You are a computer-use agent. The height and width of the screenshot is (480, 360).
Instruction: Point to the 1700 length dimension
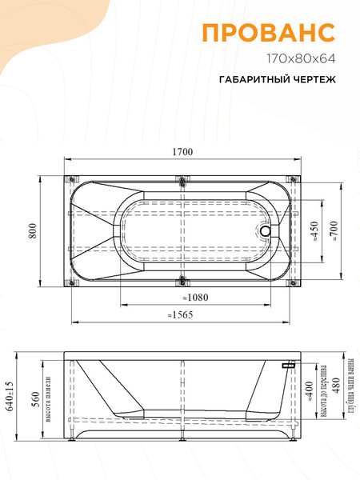182,154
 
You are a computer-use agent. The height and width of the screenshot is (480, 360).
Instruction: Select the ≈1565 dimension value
180,314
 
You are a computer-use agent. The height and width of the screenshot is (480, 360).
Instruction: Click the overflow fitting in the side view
289,364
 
